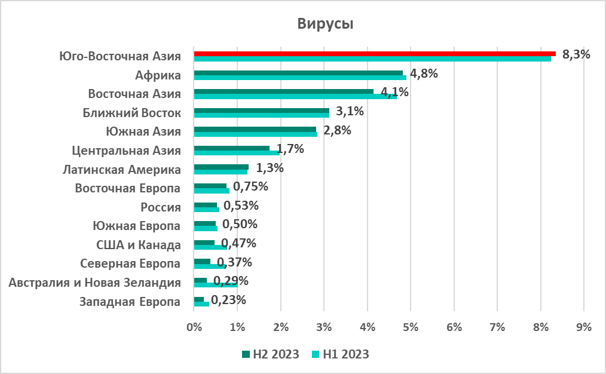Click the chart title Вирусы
[326, 24]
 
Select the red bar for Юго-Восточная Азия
[375, 53]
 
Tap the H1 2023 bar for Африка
[300, 78]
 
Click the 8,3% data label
[576, 55]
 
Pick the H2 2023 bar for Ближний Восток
[262, 110]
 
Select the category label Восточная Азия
[134, 94]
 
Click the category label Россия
[161, 207]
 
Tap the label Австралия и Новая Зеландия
[95, 283]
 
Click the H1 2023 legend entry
[340, 354]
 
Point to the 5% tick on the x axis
[411, 327]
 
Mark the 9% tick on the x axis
[584, 327]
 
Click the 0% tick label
[194, 327]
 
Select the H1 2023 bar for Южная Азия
[256, 134]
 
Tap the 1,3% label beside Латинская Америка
[269, 168]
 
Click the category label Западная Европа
[130, 302]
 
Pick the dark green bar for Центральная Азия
[232, 148]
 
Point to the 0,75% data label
[250, 186]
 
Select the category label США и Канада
[138, 245]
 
